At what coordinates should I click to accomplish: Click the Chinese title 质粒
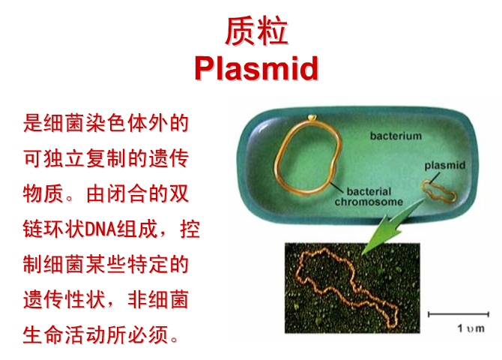tap(256, 31)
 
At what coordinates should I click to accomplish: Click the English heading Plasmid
tap(256, 68)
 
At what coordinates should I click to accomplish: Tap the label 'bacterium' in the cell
tap(396, 136)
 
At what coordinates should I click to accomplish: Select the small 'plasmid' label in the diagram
tap(445, 166)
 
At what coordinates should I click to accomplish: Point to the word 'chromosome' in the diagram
tap(369, 202)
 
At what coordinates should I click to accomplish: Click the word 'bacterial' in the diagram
tap(369, 191)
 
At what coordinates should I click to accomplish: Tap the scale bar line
tap(459, 314)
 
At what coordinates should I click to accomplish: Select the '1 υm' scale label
tap(471, 328)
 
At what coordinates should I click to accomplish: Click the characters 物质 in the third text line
tap(43, 193)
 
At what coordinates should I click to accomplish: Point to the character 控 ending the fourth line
tap(190, 229)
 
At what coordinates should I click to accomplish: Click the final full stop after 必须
tap(175, 340)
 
